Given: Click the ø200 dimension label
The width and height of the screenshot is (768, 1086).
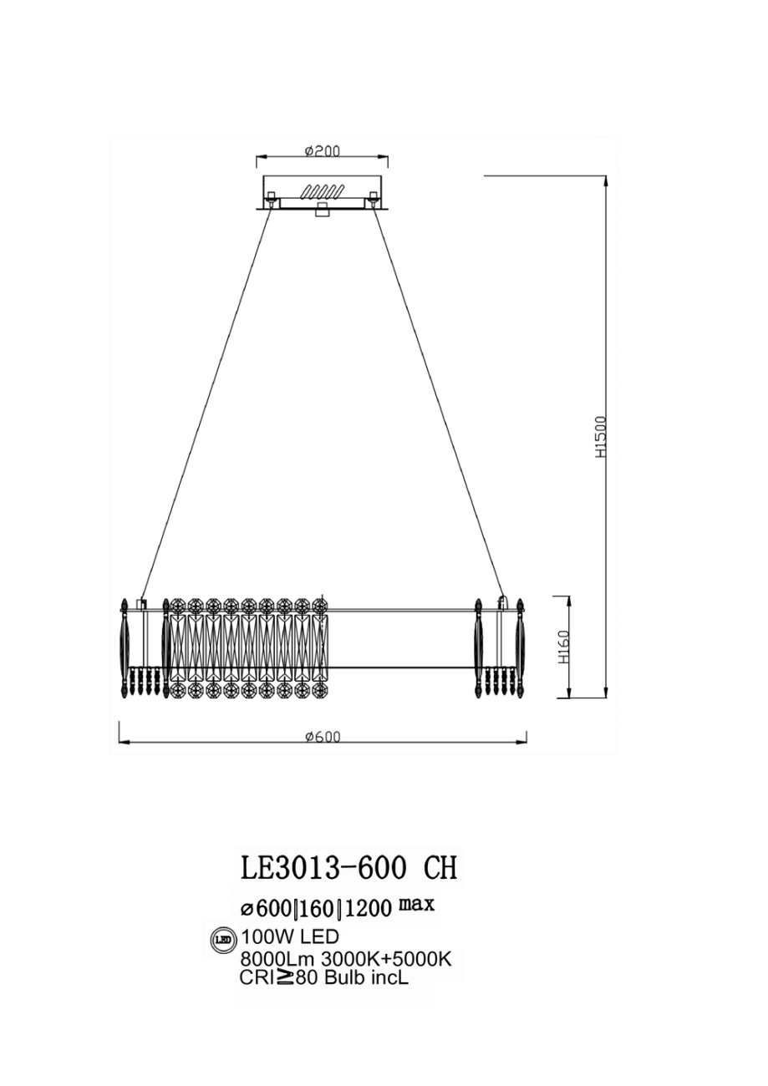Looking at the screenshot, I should pos(322,150).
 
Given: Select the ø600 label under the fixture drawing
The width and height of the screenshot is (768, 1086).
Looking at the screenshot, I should pos(323,736).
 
